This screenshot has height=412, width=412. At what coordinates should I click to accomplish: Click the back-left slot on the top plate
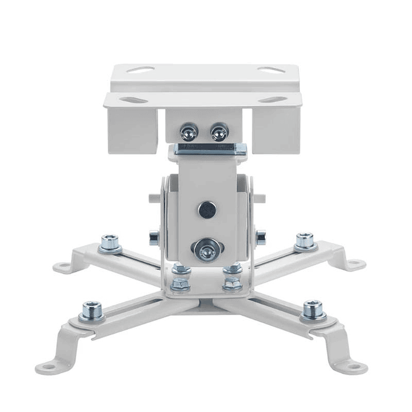[x=140, y=70]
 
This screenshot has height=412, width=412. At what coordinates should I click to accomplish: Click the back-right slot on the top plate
[x=270, y=70]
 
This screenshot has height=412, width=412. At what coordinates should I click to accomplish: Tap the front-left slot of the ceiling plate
[x=134, y=100]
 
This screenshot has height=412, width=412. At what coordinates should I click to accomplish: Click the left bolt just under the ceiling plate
[x=189, y=133]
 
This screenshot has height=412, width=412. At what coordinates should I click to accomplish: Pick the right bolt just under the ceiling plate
[x=219, y=133]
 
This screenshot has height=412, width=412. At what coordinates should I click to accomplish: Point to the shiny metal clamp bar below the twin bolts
[x=210, y=149]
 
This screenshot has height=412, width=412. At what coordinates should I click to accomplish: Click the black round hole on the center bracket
[x=207, y=210]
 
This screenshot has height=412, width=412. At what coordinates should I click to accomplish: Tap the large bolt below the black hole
[x=206, y=249]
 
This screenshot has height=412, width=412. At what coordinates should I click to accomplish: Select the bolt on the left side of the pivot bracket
[x=154, y=237]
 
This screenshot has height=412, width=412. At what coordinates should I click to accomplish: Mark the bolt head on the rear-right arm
[x=305, y=241]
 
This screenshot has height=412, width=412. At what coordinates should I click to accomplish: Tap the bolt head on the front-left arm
[x=92, y=311]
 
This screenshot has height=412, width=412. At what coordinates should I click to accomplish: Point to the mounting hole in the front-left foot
[x=46, y=367]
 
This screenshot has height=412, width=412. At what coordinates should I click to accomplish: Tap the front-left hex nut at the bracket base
[x=180, y=283]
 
